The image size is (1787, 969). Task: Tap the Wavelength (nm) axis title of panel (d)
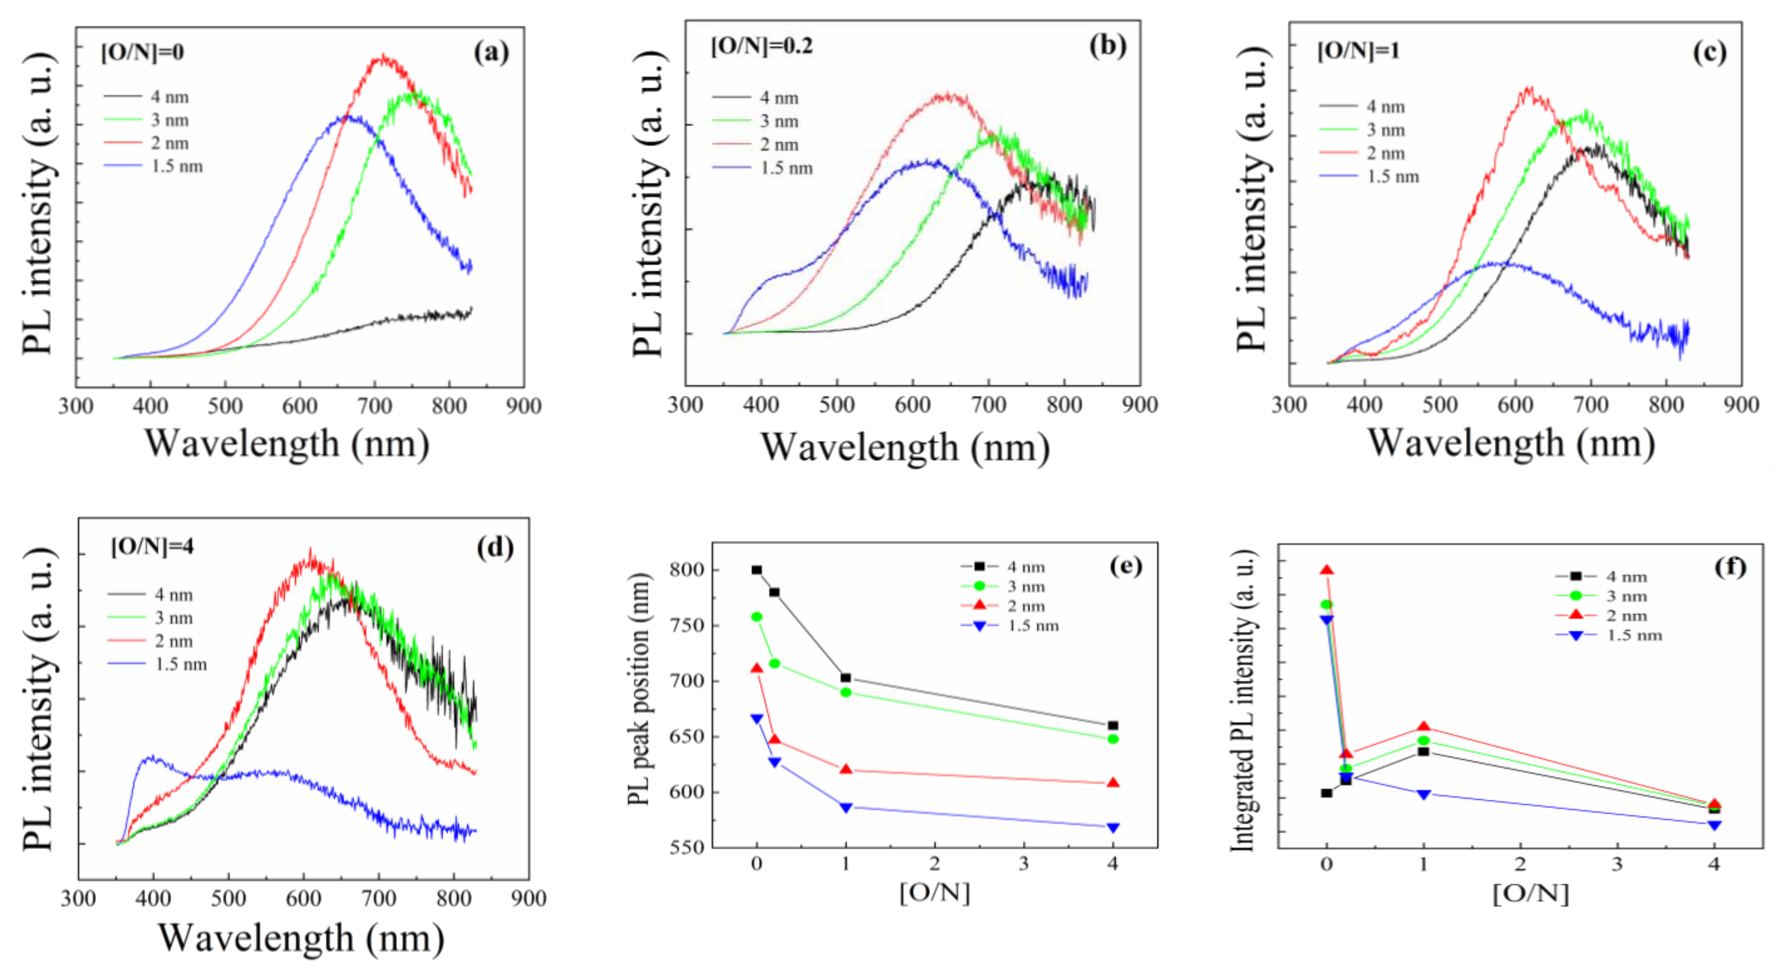[x=301, y=939]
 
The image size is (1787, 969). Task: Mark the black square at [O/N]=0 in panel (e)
[x=757, y=570]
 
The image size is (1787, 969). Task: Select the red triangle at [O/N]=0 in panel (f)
[x=1326, y=571]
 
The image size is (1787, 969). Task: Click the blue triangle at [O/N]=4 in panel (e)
[x=1113, y=828]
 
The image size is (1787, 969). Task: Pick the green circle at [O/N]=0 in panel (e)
[x=757, y=617]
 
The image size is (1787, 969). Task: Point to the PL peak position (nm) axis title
[x=638, y=690]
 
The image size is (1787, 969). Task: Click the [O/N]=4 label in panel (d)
[x=153, y=547]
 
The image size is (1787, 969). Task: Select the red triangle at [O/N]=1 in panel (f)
[x=1424, y=727]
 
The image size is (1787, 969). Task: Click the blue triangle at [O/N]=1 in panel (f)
[x=1424, y=794]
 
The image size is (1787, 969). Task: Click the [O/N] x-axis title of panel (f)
[x=1530, y=894]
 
